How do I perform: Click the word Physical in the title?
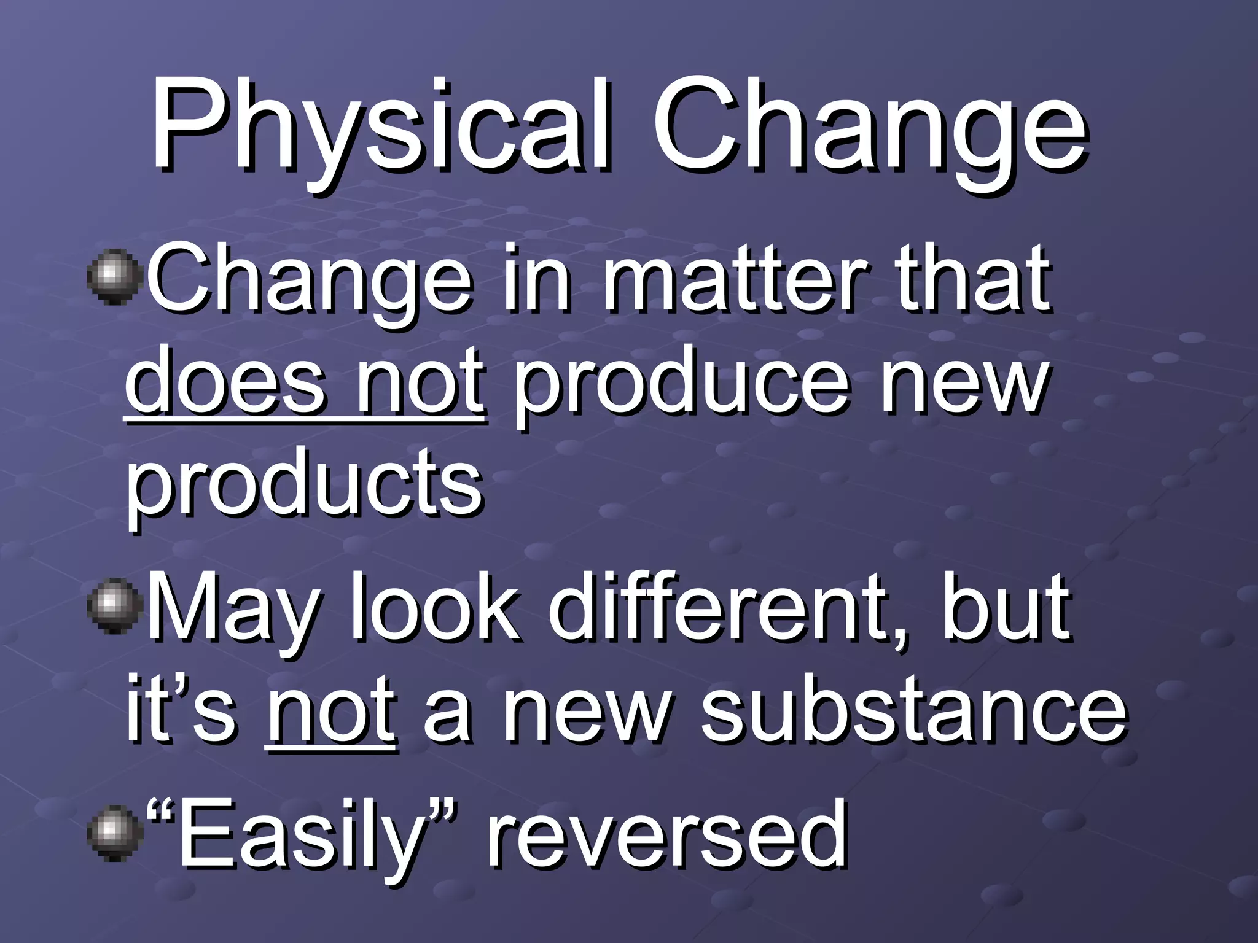[x=381, y=126]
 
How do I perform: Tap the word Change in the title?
[x=869, y=126]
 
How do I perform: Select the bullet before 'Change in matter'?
[x=115, y=276]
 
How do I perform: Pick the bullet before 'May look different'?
[x=115, y=605]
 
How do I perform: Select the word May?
[x=236, y=611]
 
